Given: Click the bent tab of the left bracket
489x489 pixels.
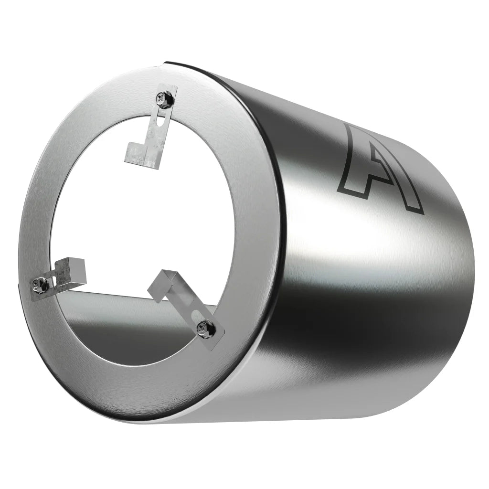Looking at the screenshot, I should [x=75, y=266].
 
